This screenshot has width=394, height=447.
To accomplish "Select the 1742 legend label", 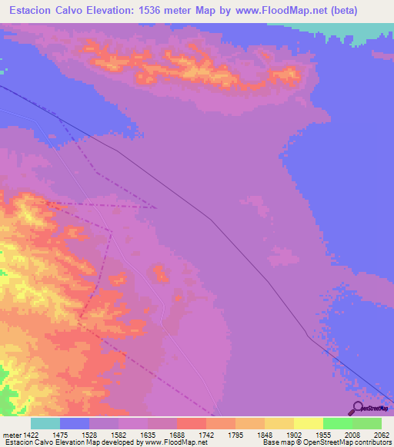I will tap(206, 434).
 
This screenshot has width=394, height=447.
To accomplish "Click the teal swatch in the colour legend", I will tap(45, 423).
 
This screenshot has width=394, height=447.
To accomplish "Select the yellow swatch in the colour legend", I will tap(308, 423).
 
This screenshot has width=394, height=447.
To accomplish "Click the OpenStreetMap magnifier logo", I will tap(358, 408).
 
